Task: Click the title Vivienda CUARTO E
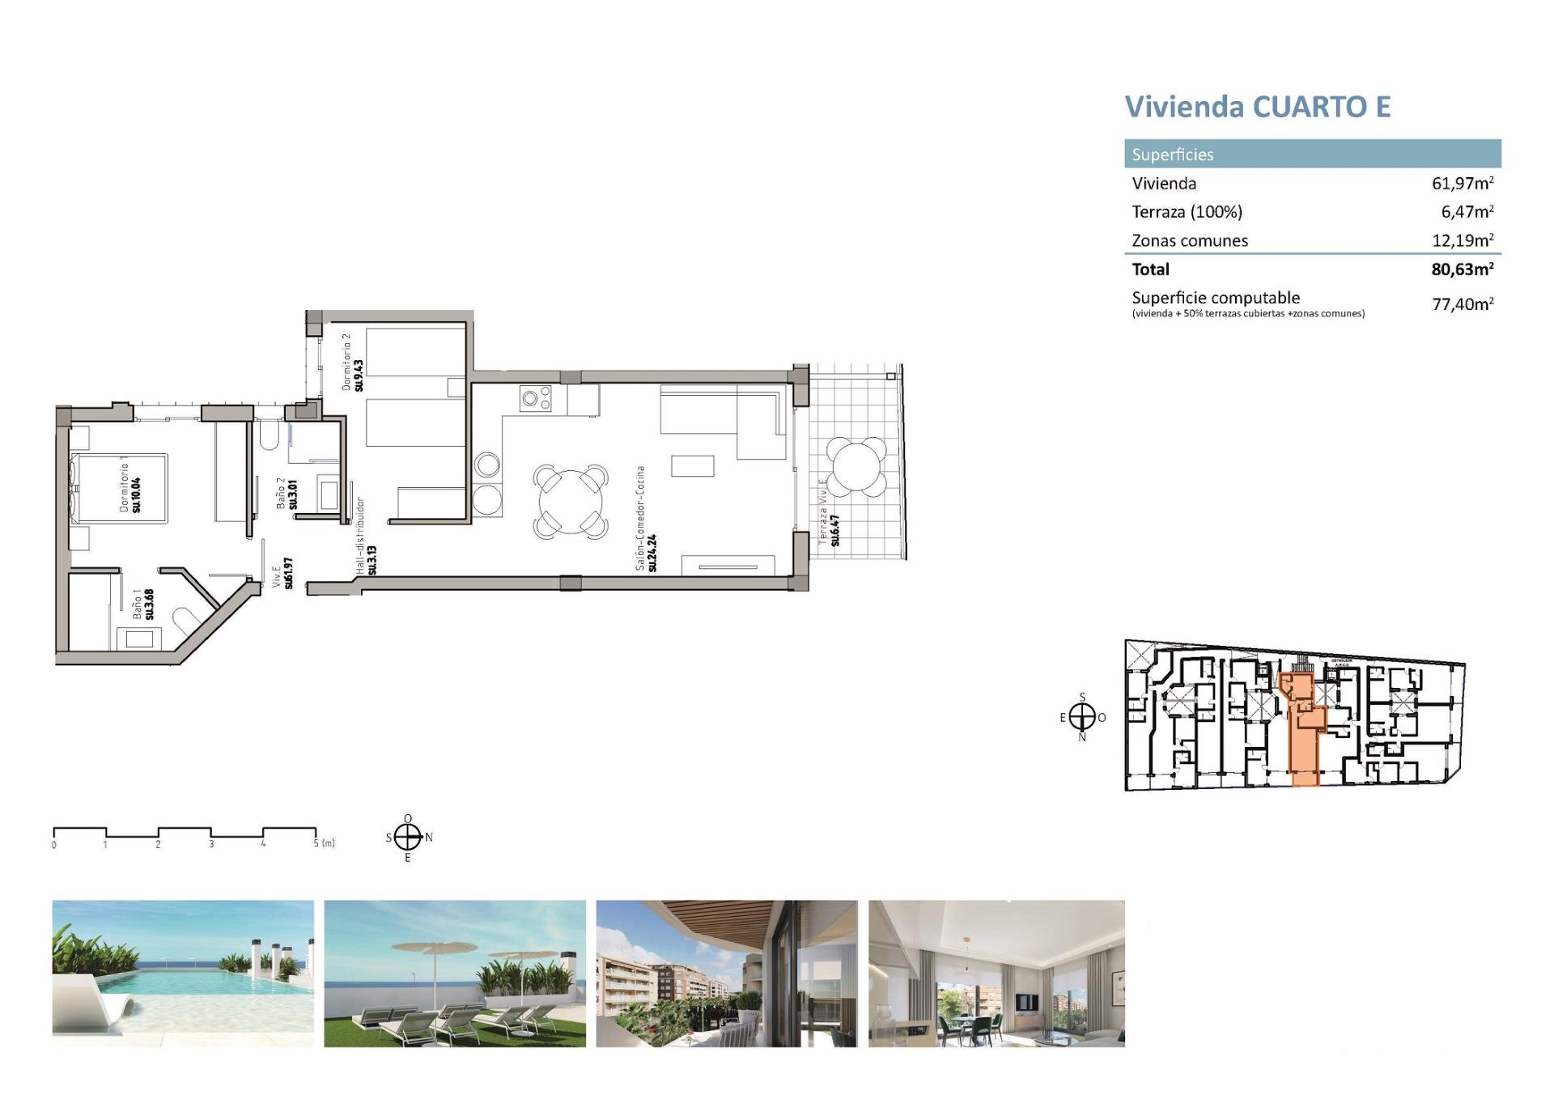click(1257, 107)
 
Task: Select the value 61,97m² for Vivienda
click(1462, 183)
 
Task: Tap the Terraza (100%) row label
click(1187, 212)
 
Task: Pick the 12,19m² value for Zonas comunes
click(1462, 240)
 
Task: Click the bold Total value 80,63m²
click(1461, 269)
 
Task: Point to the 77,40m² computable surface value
click(1462, 304)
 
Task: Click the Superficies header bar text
click(1172, 155)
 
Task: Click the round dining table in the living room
click(571, 502)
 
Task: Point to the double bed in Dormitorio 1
click(120, 489)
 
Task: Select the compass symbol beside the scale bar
click(408, 838)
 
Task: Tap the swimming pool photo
click(183, 974)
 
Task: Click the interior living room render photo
click(996, 974)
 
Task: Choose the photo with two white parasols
click(455, 974)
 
